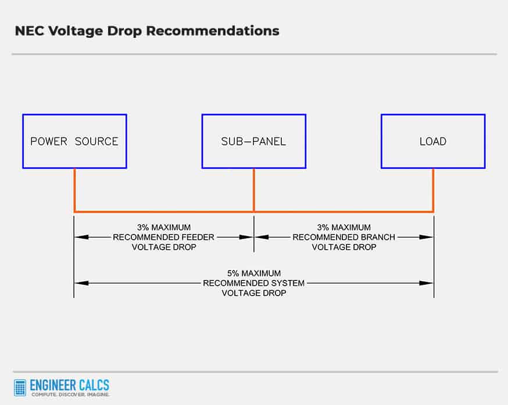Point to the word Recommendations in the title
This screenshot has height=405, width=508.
click(213, 31)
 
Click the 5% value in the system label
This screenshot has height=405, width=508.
click(233, 273)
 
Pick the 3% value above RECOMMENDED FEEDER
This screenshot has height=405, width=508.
click(143, 228)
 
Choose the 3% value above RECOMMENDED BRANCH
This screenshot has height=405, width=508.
click(323, 228)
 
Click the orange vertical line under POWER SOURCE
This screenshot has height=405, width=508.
click(74, 190)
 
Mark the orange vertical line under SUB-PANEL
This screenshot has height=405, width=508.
click(253, 190)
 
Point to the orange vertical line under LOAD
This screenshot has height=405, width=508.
click(433, 190)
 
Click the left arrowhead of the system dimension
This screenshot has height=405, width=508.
click(81, 283)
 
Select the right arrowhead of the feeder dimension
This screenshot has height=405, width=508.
click(246, 237)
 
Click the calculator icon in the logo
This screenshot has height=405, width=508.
click(20, 388)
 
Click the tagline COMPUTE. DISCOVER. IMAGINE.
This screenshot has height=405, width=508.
click(70, 395)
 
